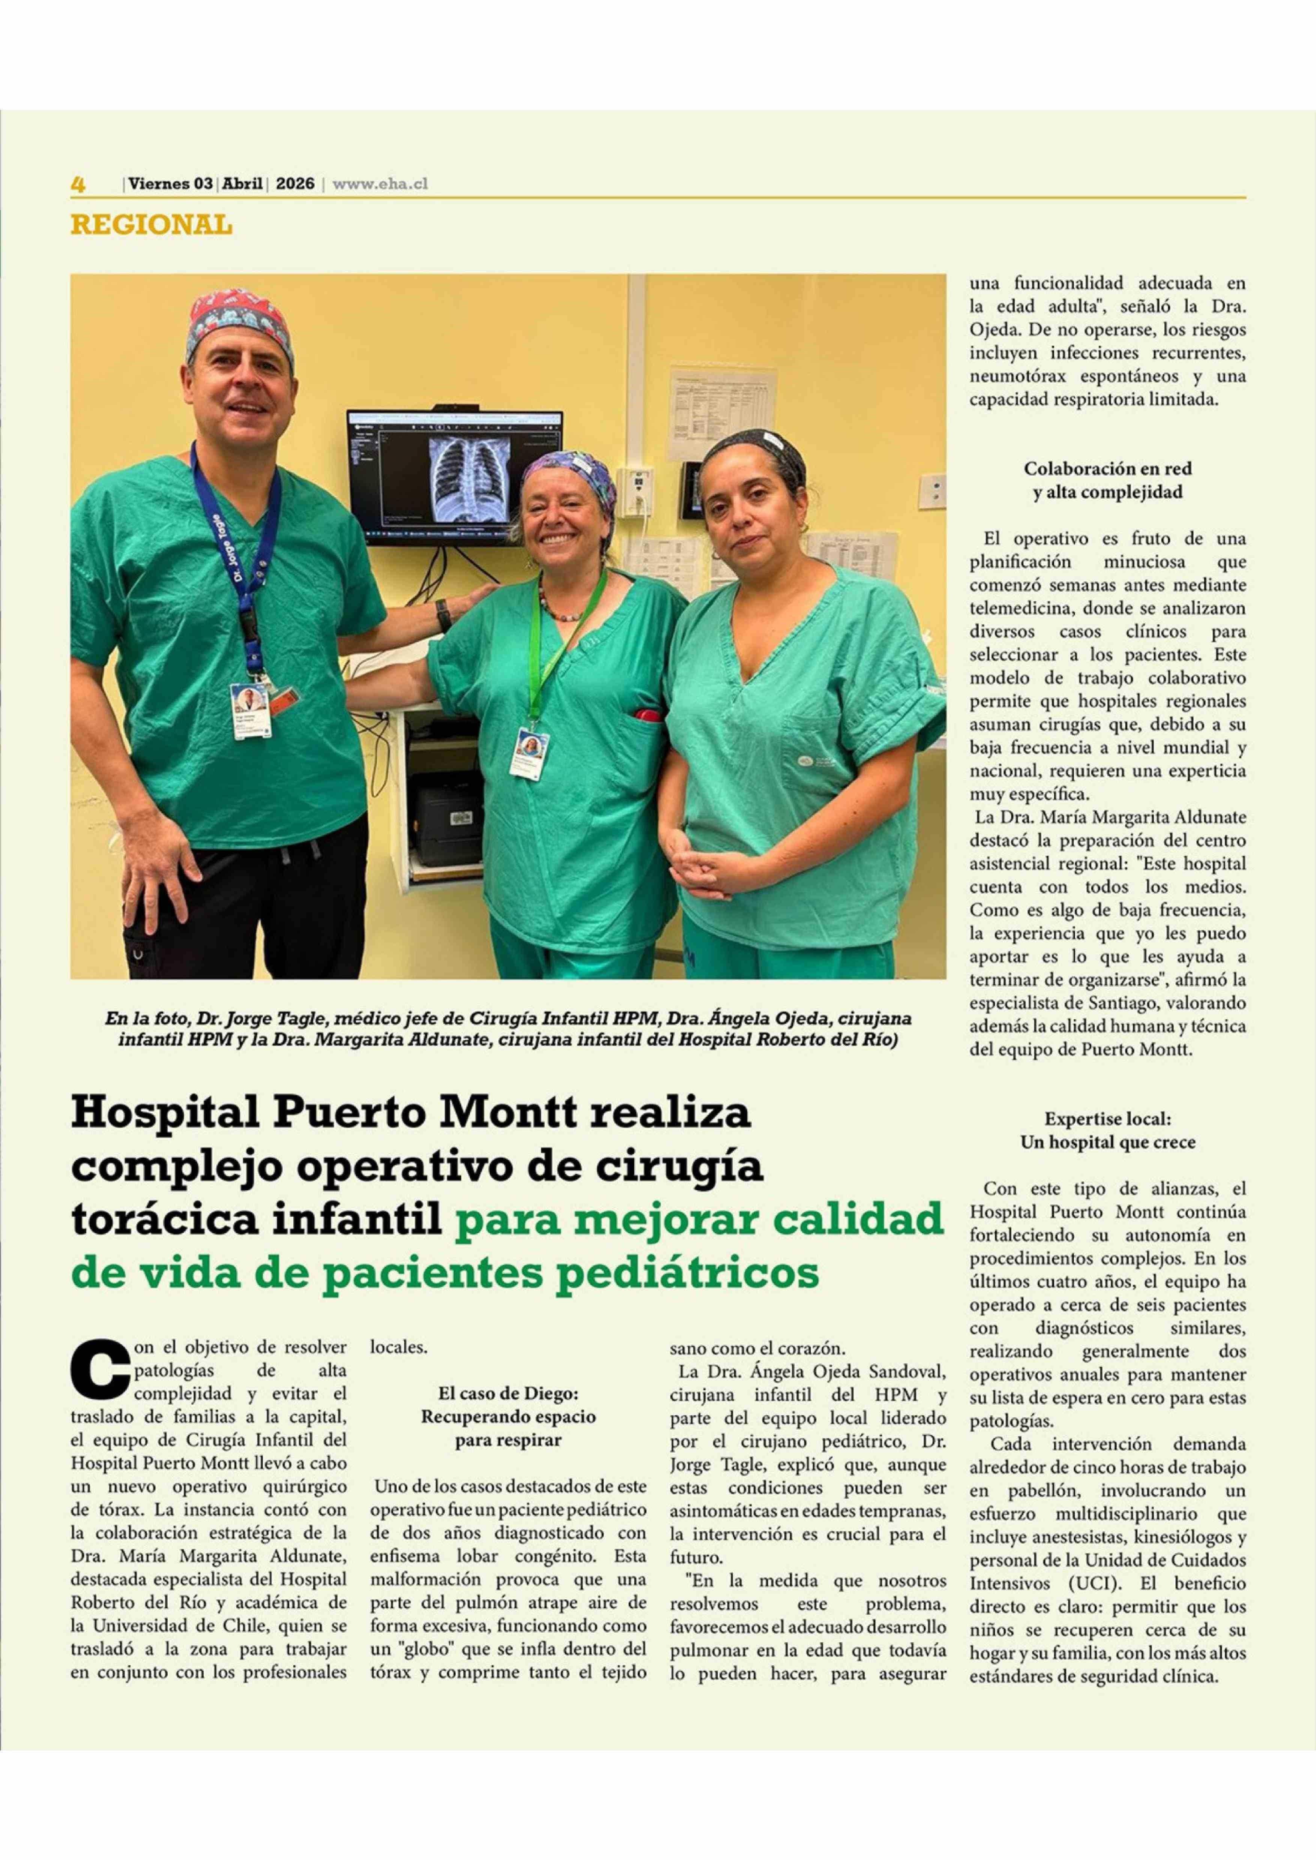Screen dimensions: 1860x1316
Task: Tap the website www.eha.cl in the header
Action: [x=380, y=184]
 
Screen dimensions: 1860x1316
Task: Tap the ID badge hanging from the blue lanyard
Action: [x=251, y=710]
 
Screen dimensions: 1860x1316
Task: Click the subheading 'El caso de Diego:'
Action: [x=508, y=1393]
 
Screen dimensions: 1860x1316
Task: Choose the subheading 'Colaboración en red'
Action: [x=1107, y=469]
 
